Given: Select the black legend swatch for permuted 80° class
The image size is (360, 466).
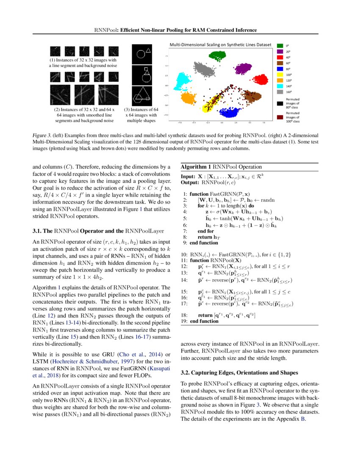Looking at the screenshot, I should pos(280,103).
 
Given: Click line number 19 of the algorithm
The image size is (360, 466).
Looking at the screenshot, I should pos(184,321).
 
